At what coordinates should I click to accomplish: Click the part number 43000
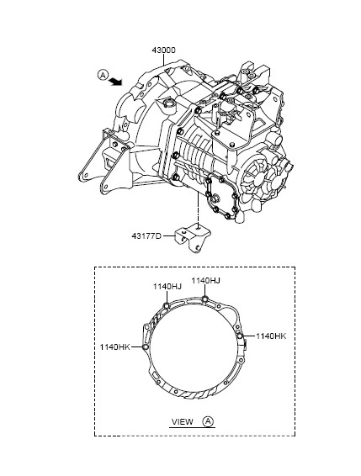coord(163,50)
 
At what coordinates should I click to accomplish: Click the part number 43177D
coord(146,235)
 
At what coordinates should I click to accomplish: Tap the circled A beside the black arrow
coord(103,75)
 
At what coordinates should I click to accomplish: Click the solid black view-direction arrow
coord(115,81)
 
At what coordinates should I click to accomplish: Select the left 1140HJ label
coord(167,286)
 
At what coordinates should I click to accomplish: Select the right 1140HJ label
coord(205,281)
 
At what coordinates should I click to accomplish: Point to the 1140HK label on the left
coord(114,347)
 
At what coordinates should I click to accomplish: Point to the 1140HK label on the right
coord(271,336)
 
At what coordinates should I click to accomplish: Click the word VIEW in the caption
coord(183,422)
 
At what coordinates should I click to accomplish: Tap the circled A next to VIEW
coord(208,421)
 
